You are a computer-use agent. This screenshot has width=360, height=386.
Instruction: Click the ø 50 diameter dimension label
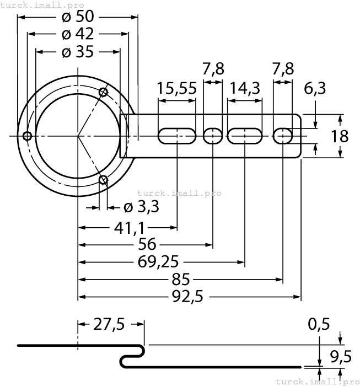tap(78, 16)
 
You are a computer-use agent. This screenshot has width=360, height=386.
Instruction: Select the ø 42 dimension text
tap(78, 34)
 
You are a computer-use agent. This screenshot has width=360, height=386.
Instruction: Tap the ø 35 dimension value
tap(78, 52)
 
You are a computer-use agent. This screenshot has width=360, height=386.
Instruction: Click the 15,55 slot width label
tap(176, 88)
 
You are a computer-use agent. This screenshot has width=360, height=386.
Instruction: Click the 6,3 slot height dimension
tap(315, 88)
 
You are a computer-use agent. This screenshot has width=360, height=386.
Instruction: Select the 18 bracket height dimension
tap(340, 136)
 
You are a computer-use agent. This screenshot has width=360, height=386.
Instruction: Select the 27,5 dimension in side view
tap(109, 324)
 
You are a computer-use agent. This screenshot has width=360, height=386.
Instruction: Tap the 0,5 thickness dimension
tap(319, 324)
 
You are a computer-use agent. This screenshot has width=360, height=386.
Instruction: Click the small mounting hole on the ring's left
tap(26, 136)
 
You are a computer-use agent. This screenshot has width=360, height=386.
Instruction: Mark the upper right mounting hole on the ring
tap(104, 91)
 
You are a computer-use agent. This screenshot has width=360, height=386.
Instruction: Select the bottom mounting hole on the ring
tap(103, 179)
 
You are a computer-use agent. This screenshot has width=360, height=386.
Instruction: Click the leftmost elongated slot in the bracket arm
tap(177, 136)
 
